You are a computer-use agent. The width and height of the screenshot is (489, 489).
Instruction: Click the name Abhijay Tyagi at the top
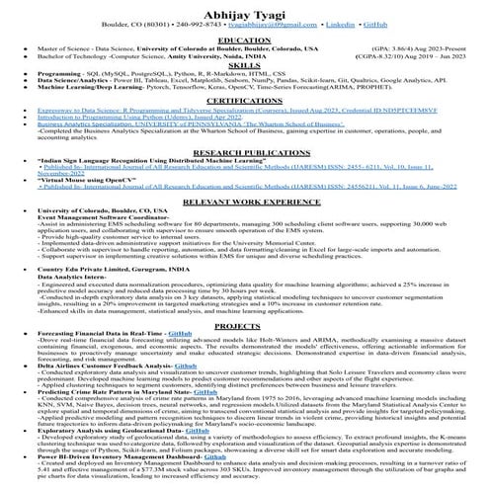pyautogui.click(x=244, y=7)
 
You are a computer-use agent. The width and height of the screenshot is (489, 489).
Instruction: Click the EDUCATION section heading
pyautogui.click(x=244, y=39)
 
